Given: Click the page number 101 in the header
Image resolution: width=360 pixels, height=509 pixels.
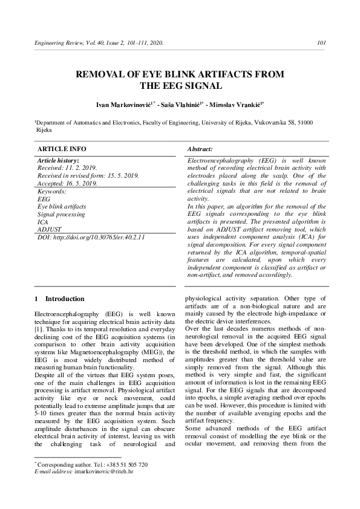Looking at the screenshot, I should click(x=322, y=43).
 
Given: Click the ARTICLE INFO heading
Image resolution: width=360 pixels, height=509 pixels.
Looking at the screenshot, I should click(x=62, y=149).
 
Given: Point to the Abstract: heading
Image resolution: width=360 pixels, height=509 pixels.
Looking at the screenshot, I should click(x=200, y=149).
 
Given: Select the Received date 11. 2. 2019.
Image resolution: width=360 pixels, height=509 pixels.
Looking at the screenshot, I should click(x=80, y=167).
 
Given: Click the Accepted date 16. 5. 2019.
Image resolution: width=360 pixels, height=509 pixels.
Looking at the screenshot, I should click(x=81, y=183).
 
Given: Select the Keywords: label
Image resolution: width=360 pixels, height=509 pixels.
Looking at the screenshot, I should click(x=52, y=190).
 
